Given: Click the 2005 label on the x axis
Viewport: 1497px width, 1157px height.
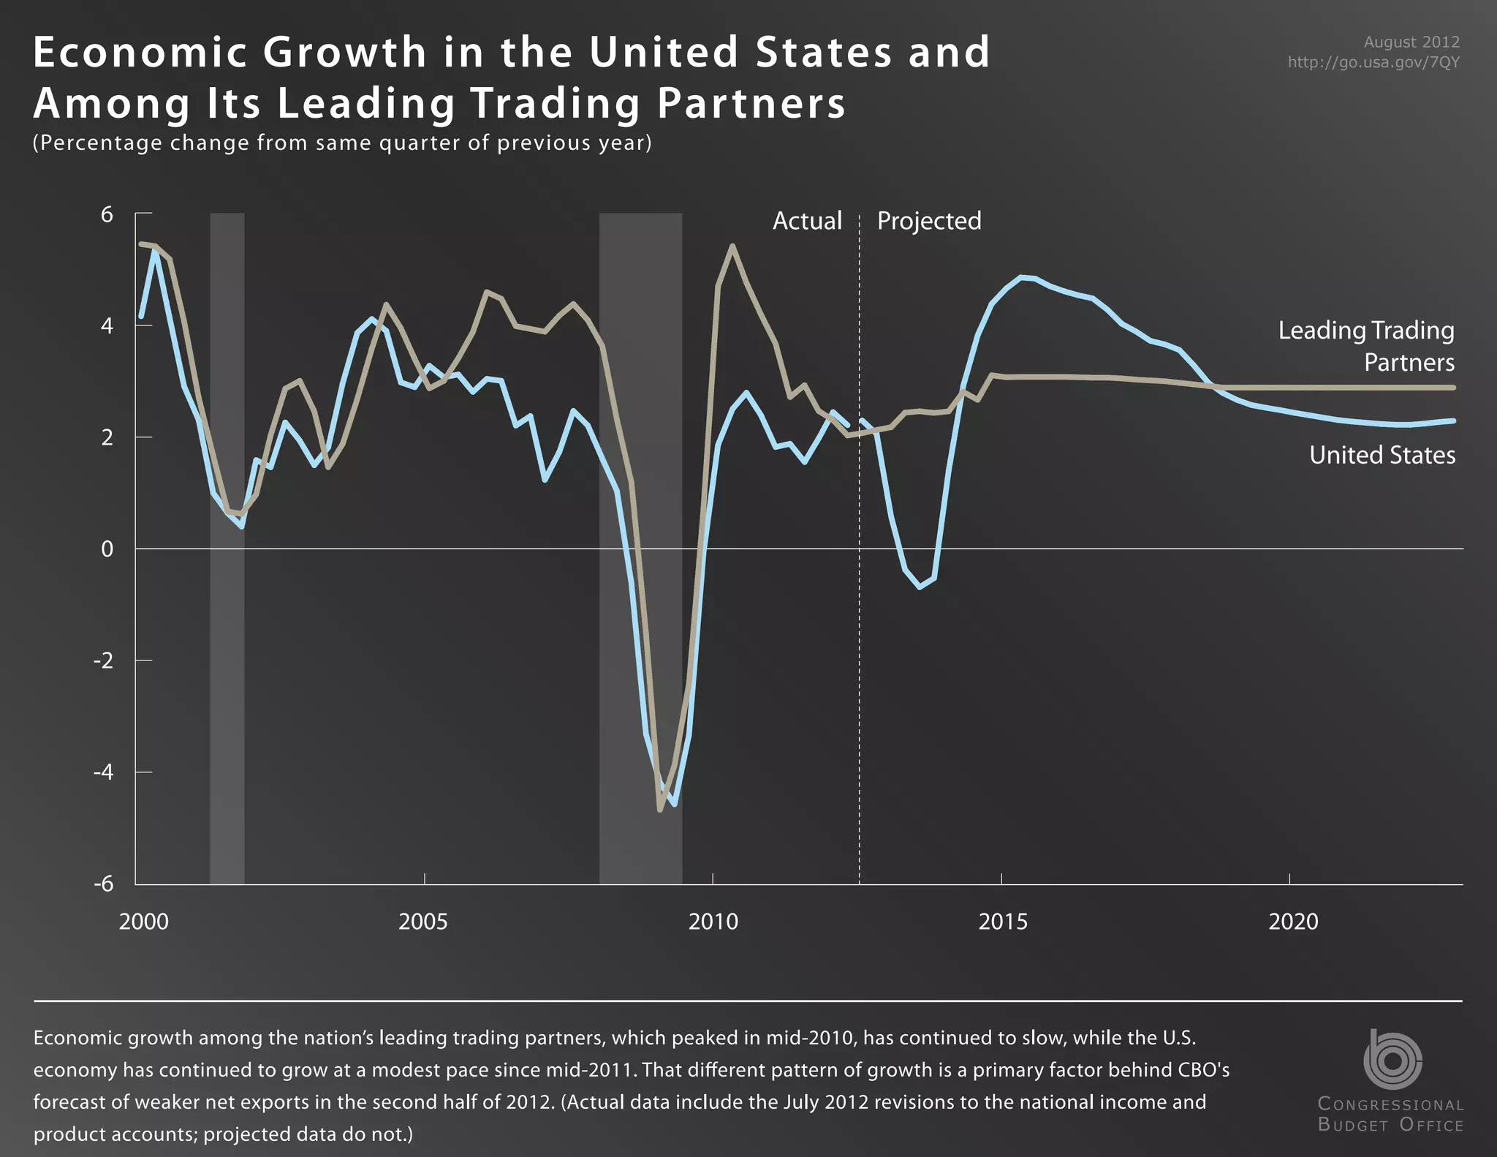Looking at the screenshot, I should tap(423, 922).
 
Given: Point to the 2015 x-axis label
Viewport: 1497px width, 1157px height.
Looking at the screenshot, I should tap(1003, 922).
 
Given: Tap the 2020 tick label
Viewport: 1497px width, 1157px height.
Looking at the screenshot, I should tap(1293, 922).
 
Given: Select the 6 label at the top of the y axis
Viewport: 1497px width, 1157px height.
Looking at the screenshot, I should tap(107, 214).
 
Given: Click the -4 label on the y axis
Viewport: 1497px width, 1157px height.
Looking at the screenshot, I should tap(103, 772).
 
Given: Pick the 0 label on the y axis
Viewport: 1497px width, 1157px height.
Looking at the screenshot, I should tap(107, 549).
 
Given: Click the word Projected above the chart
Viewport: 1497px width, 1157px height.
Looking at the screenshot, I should tap(929, 221).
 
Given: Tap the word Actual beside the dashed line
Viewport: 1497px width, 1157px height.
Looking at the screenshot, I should tap(807, 221).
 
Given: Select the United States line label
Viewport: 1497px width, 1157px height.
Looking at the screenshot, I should tap(1382, 455).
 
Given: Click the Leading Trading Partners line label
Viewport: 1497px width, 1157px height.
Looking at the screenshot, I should tap(1366, 346).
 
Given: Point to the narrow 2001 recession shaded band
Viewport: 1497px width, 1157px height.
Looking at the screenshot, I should tap(227, 658).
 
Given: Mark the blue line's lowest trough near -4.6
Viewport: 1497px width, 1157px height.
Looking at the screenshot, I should tap(674, 804).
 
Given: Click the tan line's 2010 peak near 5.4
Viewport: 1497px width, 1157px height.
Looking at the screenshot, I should tap(732, 246).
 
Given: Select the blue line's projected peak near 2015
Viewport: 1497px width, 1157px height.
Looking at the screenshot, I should tap(1023, 277).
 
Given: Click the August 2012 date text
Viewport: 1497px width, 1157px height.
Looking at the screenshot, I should tap(1411, 42).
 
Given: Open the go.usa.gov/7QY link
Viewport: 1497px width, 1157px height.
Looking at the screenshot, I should tap(1373, 62).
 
